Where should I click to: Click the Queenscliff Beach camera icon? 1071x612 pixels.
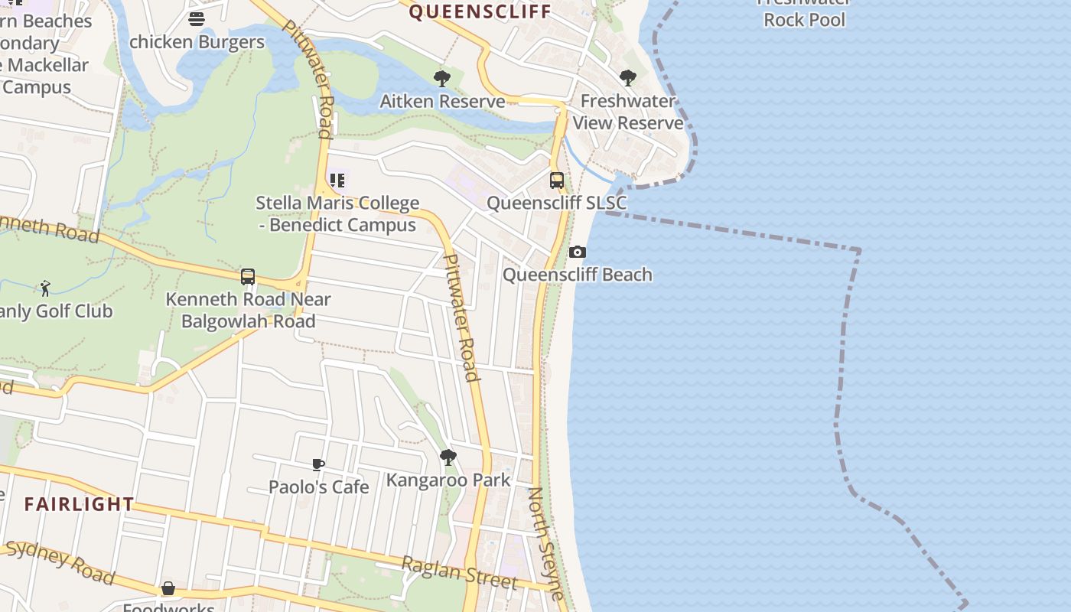click(x=578, y=252)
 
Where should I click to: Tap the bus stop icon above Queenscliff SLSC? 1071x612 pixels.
click(x=557, y=181)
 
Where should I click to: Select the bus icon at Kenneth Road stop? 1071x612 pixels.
click(x=248, y=277)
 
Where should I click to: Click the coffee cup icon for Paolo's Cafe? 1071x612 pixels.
click(x=318, y=464)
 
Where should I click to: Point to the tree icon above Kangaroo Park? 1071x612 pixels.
click(x=448, y=457)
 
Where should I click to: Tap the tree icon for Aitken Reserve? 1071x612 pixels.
click(x=442, y=78)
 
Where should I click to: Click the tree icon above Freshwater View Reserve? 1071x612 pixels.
click(x=628, y=77)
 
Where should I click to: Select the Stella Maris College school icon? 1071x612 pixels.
click(x=337, y=181)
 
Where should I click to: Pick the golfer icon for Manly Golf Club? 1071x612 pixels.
click(x=45, y=288)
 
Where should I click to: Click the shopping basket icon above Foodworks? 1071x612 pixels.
click(x=168, y=588)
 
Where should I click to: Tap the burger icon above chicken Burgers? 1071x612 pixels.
click(x=197, y=19)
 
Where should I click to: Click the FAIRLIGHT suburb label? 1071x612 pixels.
click(x=79, y=504)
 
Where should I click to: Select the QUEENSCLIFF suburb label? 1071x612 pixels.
click(x=480, y=11)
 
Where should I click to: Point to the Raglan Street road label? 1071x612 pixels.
click(x=460, y=573)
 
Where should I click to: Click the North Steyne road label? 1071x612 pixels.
click(x=547, y=543)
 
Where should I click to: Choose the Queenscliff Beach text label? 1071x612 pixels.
click(x=578, y=275)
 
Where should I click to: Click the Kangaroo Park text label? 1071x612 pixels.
click(x=448, y=480)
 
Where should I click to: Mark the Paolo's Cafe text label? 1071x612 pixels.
click(x=318, y=487)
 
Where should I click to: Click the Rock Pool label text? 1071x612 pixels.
click(x=805, y=20)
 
